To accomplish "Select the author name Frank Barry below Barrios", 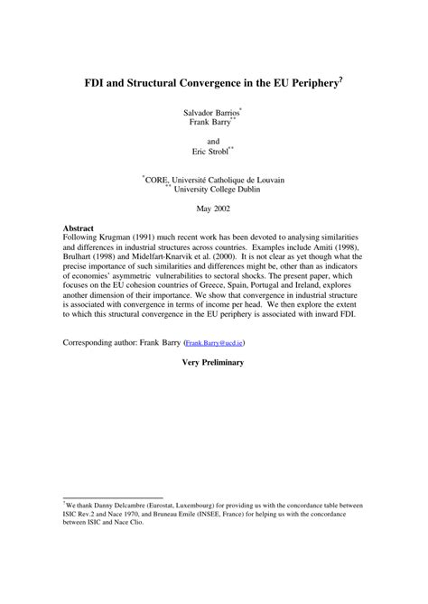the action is tap(210, 124).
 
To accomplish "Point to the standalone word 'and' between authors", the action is tap(214, 141).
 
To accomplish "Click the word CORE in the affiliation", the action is tap(160, 181).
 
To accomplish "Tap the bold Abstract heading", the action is tap(79, 229).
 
